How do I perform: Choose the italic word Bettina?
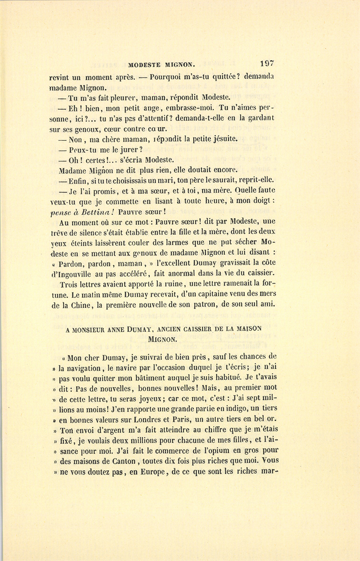click(x=87, y=212)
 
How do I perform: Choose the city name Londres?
click(x=147, y=419)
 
